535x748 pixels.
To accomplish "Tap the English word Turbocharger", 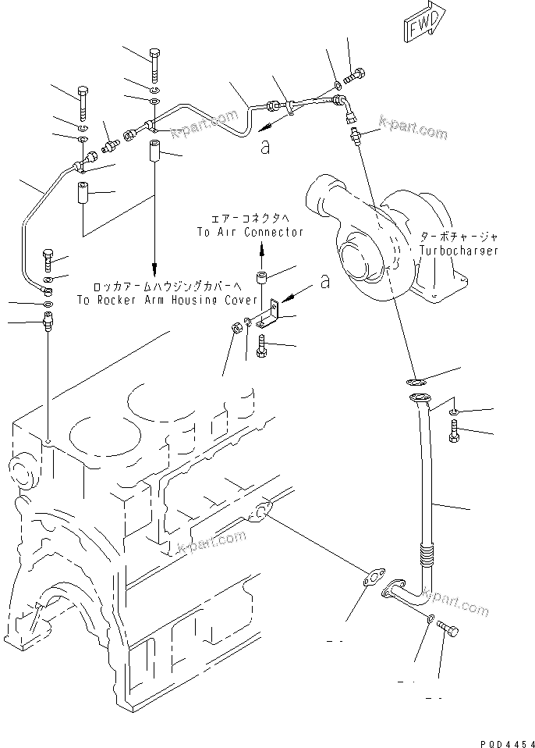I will (x=458, y=251).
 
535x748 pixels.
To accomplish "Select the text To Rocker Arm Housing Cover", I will (x=167, y=300).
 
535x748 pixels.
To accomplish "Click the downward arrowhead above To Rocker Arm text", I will (x=154, y=265).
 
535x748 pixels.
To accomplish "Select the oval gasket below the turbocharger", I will (x=415, y=382).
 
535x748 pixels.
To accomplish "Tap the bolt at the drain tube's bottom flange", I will (x=448, y=627).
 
